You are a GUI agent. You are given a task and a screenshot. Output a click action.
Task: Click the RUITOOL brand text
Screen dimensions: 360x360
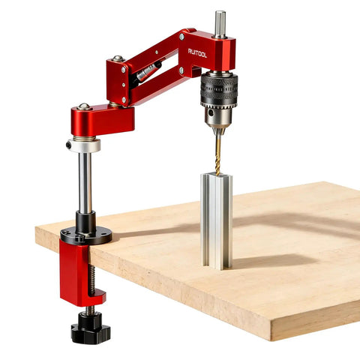click(197, 52)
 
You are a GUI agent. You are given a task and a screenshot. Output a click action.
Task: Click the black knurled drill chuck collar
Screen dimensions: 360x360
click(219, 90)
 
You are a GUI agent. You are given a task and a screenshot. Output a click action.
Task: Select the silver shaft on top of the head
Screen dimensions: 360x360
click(220, 25)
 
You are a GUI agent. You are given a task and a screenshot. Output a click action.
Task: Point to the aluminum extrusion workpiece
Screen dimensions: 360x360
click(217, 221)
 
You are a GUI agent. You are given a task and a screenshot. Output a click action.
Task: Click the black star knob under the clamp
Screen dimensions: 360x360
click(91, 328)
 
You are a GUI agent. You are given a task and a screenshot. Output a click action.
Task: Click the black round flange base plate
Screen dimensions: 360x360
click(86, 235)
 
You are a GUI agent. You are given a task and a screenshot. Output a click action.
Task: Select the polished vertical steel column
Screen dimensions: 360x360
click(85, 182)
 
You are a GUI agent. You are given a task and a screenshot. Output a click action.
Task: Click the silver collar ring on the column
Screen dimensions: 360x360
click(85, 145)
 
